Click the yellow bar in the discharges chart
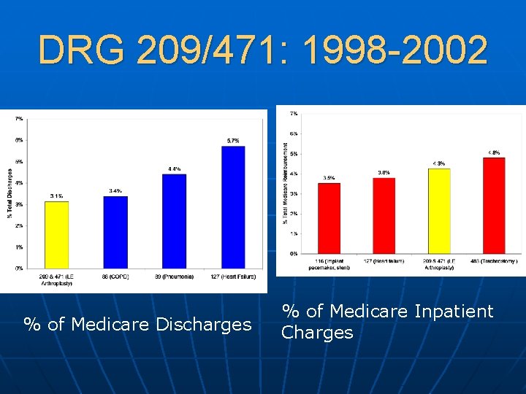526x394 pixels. click(56, 234)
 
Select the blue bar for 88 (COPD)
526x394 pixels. click(115, 231)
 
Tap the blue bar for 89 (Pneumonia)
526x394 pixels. click(174, 220)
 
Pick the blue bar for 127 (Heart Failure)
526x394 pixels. click(232, 206)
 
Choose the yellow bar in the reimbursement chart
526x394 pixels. click(438, 211)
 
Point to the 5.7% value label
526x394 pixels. click(233, 141)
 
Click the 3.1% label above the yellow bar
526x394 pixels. click(56, 196)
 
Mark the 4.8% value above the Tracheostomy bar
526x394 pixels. click(494, 152)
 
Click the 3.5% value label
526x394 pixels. click(329, 177)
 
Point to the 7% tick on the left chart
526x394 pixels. click(19, 117)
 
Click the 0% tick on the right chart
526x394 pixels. click(293, 253)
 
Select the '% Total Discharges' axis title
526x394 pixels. click(9, 193)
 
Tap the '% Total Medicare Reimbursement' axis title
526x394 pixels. click(284, 182)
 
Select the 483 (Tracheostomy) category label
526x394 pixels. click(494, 260)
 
